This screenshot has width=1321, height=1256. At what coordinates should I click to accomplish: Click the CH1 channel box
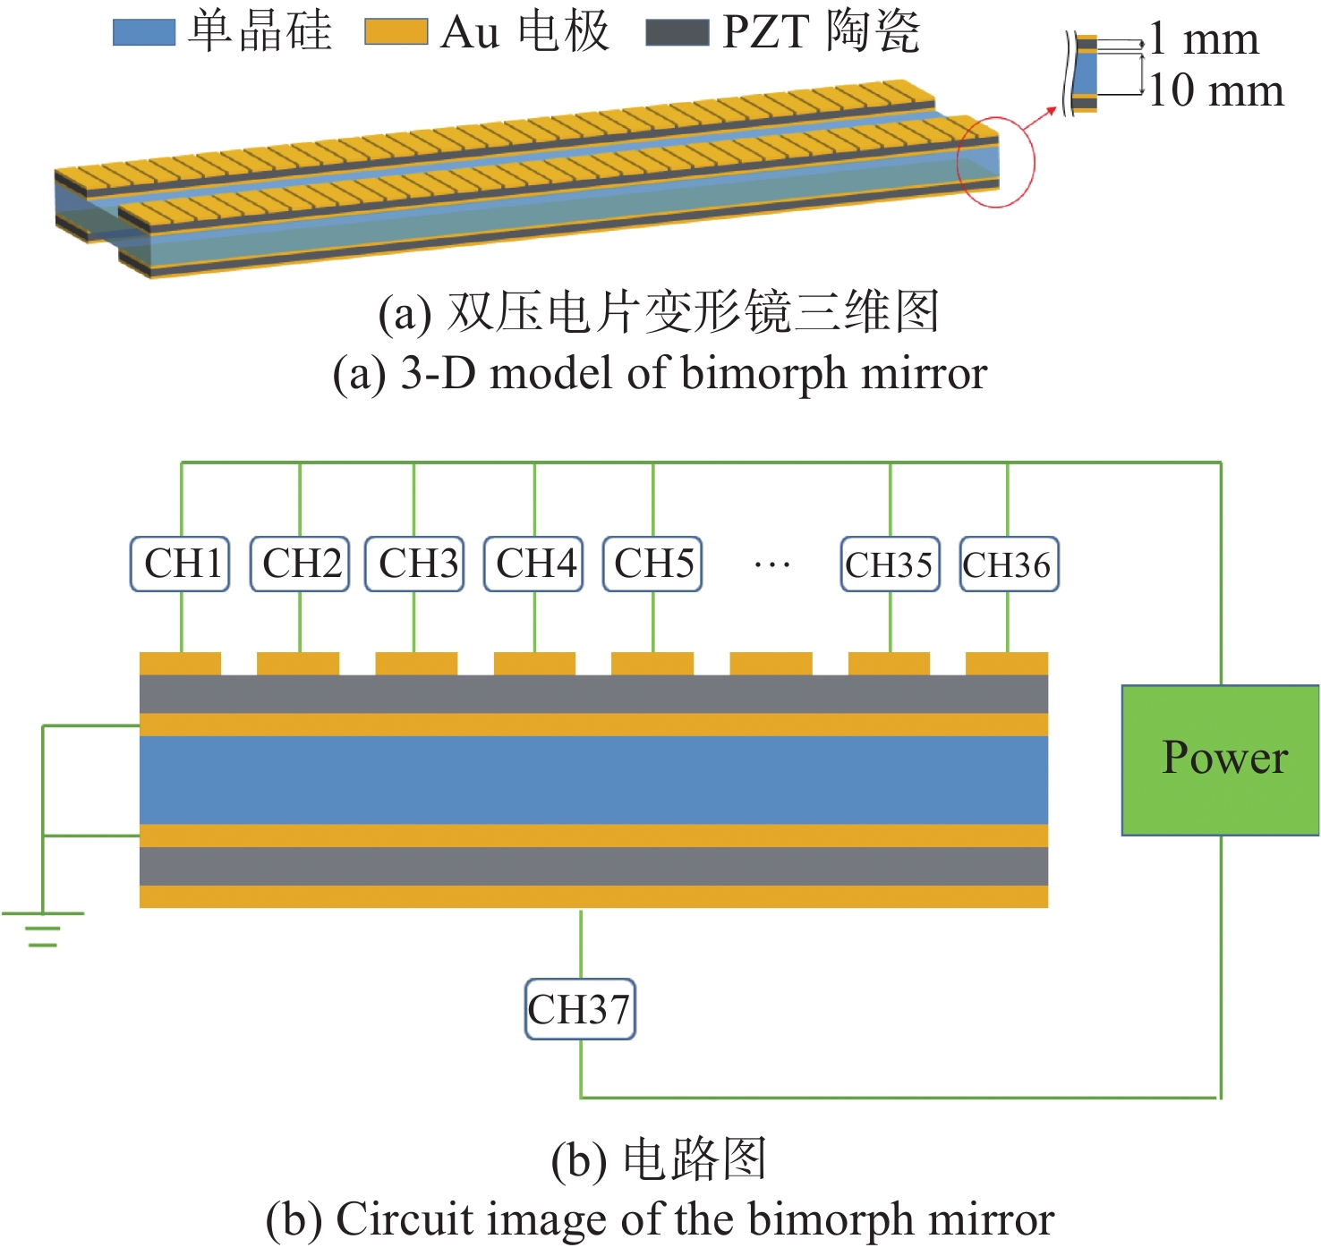click(x=180, y=564)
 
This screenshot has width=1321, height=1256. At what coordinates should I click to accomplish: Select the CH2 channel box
click(x=300, y=564)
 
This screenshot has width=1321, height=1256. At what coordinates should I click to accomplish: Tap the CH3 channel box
click(x=414, y=564)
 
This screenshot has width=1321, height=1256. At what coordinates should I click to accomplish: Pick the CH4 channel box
click(x=533, y=564)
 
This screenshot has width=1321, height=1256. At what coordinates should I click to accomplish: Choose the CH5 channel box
click(x=652, y=564)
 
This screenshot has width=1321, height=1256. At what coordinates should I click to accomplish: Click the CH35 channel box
click(x=890, y=564)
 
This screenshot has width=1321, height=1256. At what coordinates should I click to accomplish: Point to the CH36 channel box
click(x=1009, y=564)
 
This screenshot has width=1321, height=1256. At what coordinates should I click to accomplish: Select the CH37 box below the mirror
click(x=580, y=1009)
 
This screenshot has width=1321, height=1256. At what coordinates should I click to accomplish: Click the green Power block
click(x=1220, y=760)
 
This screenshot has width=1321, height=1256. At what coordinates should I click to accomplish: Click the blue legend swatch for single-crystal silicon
click(x=144, y=32)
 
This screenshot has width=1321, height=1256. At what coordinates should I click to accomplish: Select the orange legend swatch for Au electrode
click(x=396, y=32)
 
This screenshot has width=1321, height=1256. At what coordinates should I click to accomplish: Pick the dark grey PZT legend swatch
click(x=677, y=33)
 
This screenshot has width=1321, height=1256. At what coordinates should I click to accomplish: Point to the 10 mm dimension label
click(x=1215, y=90)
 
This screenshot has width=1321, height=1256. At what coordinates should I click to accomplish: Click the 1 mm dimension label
click(x=1204, y=39)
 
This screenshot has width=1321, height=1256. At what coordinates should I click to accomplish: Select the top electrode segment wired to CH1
click(x=180, y=664)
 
